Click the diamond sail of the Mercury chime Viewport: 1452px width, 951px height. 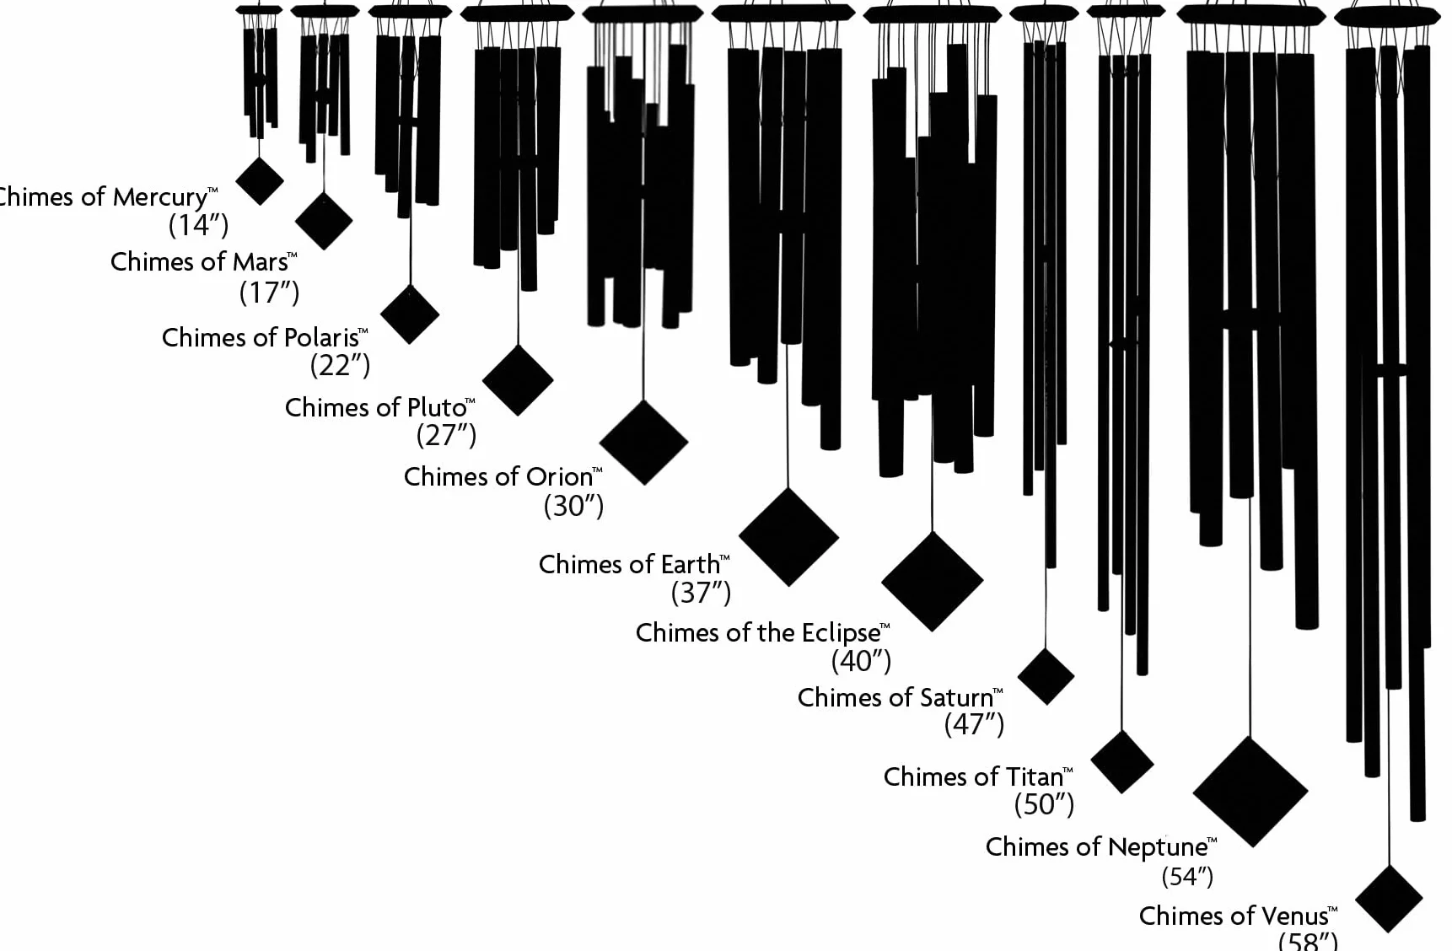(x=259, y=180)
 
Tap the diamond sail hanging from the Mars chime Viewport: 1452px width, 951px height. (x=324, y=220)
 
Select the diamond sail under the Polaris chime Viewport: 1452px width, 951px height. (x=410, y=314)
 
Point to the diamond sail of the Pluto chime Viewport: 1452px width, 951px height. (x=518, y=379)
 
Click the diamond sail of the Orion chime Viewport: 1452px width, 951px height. (x=643, y=442)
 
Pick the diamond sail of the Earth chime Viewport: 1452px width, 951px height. (x=788, y=536)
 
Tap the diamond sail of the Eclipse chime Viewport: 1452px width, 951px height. (x=932, y=581)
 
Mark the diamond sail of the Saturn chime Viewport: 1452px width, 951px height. (x=1046, y=676)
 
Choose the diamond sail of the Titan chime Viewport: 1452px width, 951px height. (x=1121, y=761)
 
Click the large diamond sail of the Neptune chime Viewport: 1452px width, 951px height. (x=1250, y=792)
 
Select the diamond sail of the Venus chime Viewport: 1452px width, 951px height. (x=1389, y=899)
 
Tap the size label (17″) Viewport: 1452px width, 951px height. (x=270, y=293)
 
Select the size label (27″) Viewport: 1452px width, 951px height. (x=446, y=435)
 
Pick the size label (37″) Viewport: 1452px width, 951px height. (x=701, y=593)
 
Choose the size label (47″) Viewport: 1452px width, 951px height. (x=974, y=724)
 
